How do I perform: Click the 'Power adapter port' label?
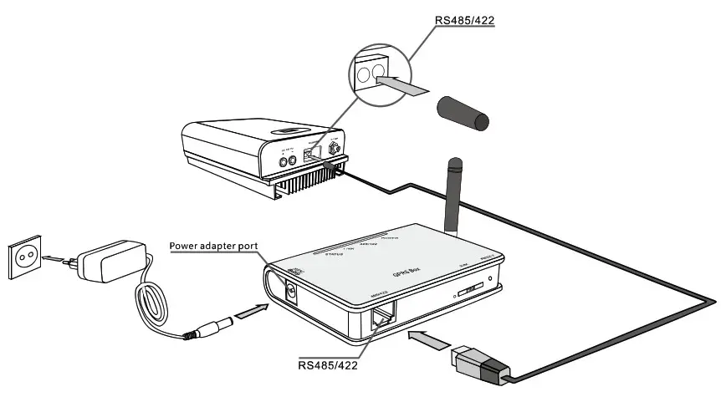tap(213, 246)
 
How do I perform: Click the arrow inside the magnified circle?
tap(401, 83)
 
